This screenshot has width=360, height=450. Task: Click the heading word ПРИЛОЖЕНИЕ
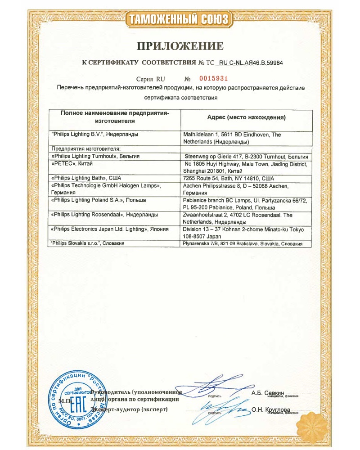[x=180, y=46]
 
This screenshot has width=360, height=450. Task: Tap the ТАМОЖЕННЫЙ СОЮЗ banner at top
[x=180, y=19]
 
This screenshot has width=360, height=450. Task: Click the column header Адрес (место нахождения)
[x=246, y=117]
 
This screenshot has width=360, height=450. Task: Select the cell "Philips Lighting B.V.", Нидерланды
[x=95, y=135]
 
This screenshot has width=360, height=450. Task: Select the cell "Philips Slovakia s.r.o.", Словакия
[x=88, y=243]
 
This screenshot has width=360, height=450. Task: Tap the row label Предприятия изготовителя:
[x=83, y=149]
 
